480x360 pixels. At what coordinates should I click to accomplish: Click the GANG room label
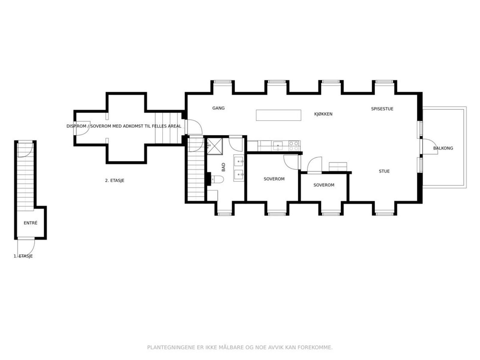[x=218, y=108]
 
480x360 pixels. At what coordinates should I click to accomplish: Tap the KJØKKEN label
[x=323, y=114]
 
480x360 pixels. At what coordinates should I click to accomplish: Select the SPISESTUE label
[x=382, y=109]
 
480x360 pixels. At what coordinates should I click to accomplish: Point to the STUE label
[x=384, y=171]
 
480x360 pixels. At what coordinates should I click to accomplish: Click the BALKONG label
[x=443, y=148]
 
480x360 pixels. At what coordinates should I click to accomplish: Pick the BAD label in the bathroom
[x=223, y=167]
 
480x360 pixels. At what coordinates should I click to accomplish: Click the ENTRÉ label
[x=30, y=223]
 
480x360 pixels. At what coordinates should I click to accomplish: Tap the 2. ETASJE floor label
[x=115, y=180]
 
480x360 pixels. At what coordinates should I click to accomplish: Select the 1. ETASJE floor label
[x=23, y=256]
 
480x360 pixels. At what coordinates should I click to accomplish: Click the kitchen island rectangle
[x=278, y=115]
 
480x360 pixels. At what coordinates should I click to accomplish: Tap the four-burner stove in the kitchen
[x=294, y=146]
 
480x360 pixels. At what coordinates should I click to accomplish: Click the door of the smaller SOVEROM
[x=314, y=166]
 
